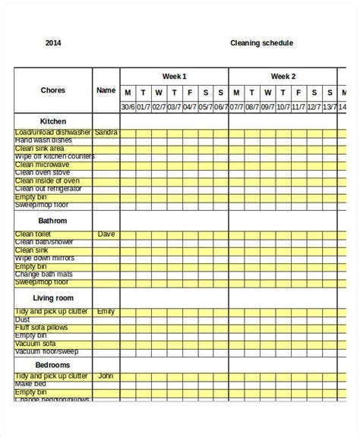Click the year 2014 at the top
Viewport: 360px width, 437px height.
(x=54, y=43)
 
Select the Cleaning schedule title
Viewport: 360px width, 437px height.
(x=261, y=43)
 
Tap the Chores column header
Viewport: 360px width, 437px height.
(x=53, y=90)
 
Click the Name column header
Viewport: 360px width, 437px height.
(x=106, y=90)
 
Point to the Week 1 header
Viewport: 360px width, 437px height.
(x=174, y=77)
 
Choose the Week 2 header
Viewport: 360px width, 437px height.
(x=283, y=77)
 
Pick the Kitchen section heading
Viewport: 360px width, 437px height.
(x=53, y=121)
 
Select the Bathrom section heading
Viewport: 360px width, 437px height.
(x=53, y=220)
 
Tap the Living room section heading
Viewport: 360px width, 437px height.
(x=53, y=299)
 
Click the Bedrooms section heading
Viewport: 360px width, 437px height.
(x=53, y=365)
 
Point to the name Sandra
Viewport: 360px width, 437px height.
(x=106, y=133)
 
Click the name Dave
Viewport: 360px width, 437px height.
(x=106, y=234)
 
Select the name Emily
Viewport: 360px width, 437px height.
(x=106, y=311)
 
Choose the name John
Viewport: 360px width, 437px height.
(x=106, y=376)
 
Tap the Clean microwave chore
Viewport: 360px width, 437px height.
(x=42, y=165)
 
